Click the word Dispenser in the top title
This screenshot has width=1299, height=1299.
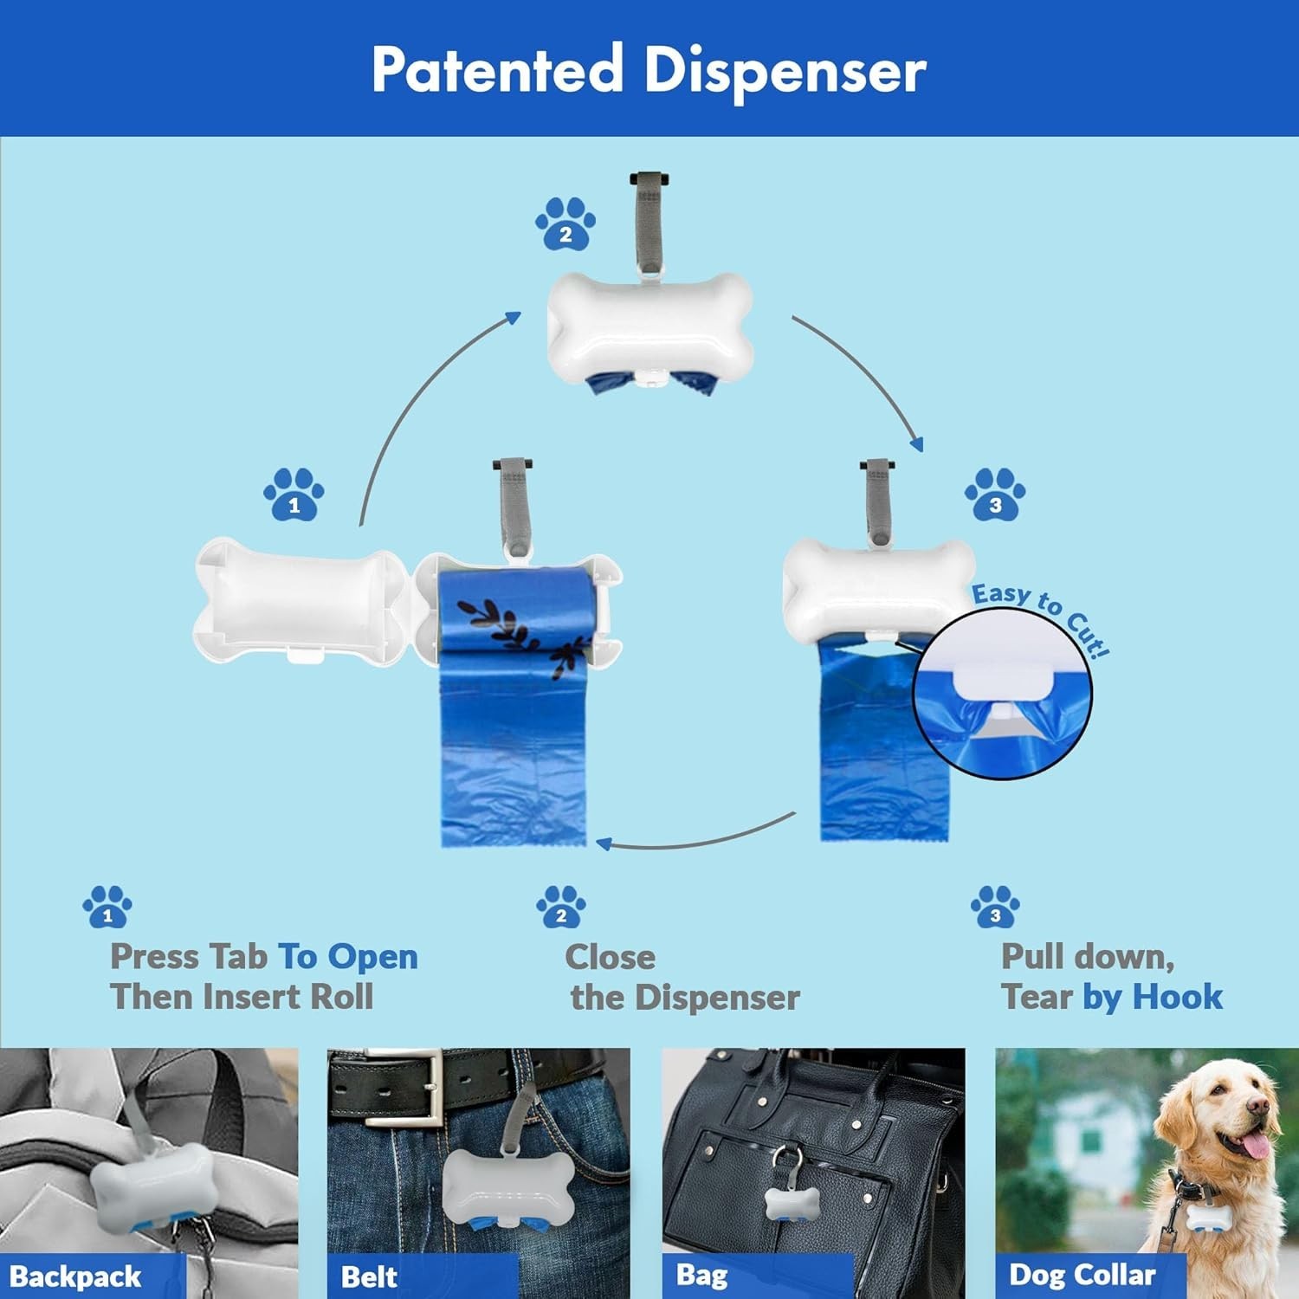[x=785, y=71]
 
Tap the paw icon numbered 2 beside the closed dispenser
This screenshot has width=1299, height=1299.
[x=565, y=224]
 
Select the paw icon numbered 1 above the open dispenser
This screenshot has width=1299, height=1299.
[x=294, y=495]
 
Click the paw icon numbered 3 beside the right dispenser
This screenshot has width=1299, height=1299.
[x=995, y=495]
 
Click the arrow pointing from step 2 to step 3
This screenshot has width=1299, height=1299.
[x=866, y=372]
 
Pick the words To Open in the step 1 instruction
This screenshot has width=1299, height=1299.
[x=347, y=957]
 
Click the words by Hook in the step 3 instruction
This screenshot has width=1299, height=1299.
[x=1152, y=997]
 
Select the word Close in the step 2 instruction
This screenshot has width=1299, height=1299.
[x=610, y=957]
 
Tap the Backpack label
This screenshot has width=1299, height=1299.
[x=76, y=1276]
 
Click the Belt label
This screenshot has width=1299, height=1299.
[x=369, y=1276]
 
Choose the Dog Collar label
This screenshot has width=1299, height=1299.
[x=1082, y=1275]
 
